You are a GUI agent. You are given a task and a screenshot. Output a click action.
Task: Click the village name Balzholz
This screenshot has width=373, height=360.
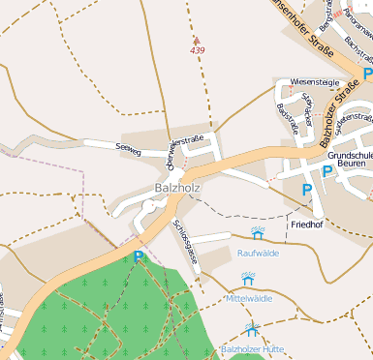pyautogui.click(x=175, y=188)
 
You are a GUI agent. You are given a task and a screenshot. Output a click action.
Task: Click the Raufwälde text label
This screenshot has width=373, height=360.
pyautogui.click(x=258, y=253)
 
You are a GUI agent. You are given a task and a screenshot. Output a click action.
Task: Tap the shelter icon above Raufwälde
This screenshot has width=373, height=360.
pyautogui.click(x=258, y=233)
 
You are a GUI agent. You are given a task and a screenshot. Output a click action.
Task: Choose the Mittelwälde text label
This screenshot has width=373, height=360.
pyautogui.click(x=250, y=299)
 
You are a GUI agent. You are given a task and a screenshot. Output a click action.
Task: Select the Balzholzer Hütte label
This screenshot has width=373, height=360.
pyautogui.click(x=252, y=347)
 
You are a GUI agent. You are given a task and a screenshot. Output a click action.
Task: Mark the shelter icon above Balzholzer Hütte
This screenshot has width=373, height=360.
pyautogui.click(x=252, y=329)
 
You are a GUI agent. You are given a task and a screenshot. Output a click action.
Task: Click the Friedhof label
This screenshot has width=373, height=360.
pyautogui.click(x=306, y=224)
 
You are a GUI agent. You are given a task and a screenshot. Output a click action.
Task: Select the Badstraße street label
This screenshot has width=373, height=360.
pyautogui.click(x=288, y=118)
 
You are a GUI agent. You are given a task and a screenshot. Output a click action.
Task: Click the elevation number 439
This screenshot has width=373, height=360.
pyautogui.click(x=198, y=50)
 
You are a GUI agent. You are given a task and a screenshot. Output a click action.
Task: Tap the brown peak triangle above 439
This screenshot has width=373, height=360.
pyautogui.click(x=198, y=40)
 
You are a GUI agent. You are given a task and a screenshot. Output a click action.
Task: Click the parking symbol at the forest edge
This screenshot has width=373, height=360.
pyautogui.click(x=139, y=256)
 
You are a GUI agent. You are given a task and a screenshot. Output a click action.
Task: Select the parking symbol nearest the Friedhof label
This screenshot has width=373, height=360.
pyautogui.click(x=307, y=190)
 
